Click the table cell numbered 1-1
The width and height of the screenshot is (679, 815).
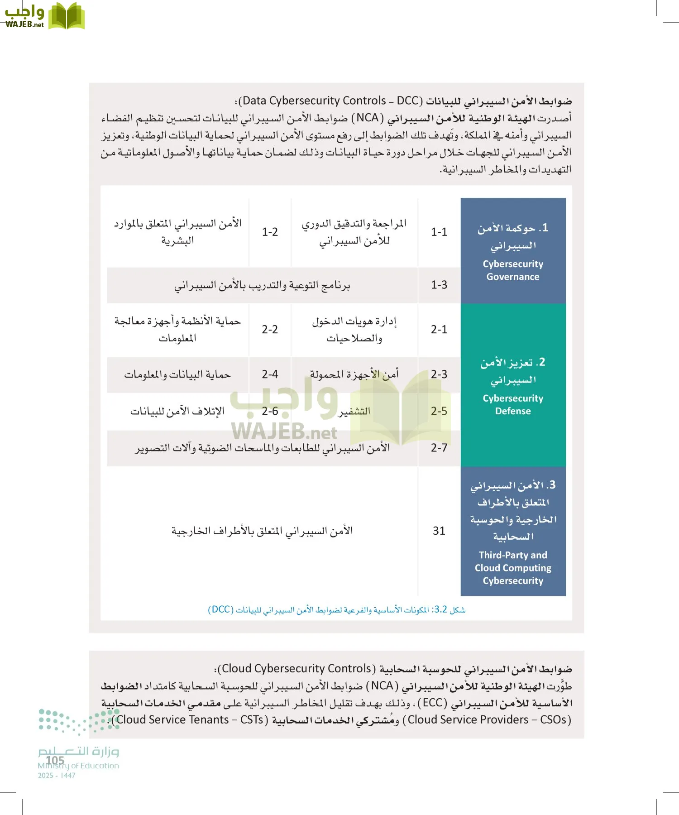point(439,232)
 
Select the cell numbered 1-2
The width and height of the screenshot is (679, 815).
point(270,232)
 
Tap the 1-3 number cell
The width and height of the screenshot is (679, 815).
point(439,285)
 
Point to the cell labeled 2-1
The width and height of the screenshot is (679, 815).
point(439,329)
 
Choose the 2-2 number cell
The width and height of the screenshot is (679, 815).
point(270,329)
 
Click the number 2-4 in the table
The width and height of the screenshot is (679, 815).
point(270,374)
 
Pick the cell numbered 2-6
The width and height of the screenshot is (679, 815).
point(270,411)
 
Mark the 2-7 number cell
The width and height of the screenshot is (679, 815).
point(439,448)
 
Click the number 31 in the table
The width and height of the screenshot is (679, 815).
point(439,531)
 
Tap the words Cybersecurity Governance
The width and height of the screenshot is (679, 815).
point(513,270)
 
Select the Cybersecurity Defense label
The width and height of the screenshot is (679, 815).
point(513,405)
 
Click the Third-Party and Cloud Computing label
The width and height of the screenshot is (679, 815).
point(513,568)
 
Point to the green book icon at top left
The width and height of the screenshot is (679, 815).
point(66,16)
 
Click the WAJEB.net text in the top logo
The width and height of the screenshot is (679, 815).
point(24,24)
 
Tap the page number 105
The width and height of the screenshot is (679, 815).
point(55,760)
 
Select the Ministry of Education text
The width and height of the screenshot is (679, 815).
point(78,766)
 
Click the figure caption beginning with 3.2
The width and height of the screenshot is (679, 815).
point(336,609)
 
